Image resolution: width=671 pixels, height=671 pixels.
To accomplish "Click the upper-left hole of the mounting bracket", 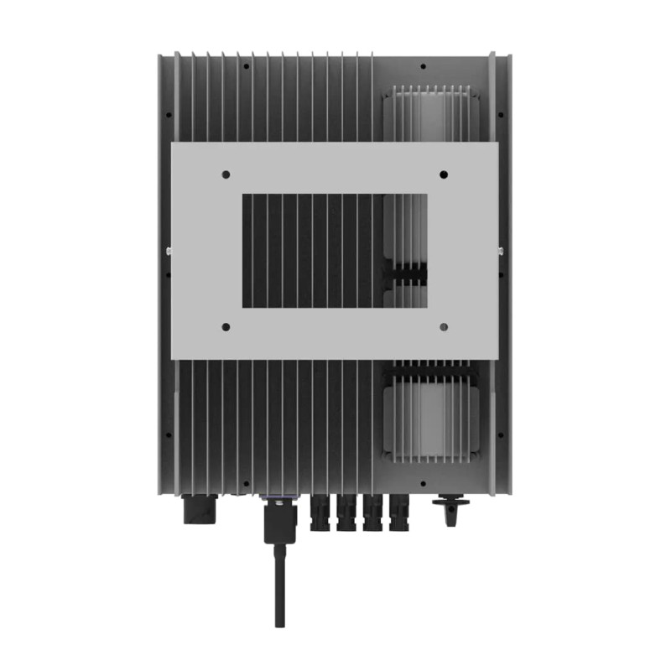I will [226, 174].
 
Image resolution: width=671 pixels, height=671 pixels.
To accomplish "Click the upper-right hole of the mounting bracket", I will [444, 174].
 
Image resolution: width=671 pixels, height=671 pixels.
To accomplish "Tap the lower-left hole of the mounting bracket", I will [226, 326].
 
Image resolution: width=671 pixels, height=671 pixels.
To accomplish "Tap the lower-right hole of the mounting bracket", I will [444, 326].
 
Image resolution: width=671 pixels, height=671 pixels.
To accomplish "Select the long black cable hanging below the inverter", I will [278, 587].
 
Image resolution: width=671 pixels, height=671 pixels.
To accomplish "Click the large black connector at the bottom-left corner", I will [200, 507].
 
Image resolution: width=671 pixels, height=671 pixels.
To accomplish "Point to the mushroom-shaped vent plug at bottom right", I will [450, 508].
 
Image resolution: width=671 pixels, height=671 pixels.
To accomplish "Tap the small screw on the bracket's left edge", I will [169, 250].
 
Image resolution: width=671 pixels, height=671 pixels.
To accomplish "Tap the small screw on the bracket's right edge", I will [502, 250].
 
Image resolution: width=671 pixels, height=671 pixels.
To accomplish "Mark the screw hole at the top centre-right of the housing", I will [423, 66].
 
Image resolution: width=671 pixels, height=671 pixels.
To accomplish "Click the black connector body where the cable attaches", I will [278, 524].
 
